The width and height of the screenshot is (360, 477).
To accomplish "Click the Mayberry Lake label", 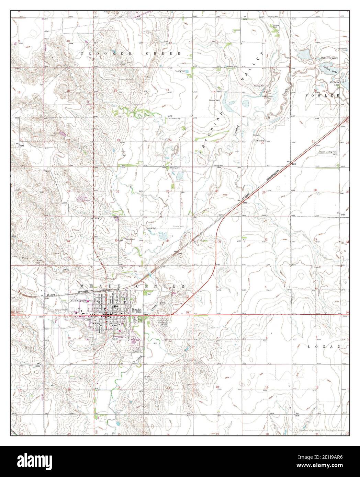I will pos(329,58).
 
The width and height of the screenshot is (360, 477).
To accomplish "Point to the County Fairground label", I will pos(78,300).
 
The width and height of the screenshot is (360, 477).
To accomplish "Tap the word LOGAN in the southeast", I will pos(328,347).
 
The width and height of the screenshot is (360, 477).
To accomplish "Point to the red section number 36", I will pos(168,241).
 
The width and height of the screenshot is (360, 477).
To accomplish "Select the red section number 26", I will pos(118,191).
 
